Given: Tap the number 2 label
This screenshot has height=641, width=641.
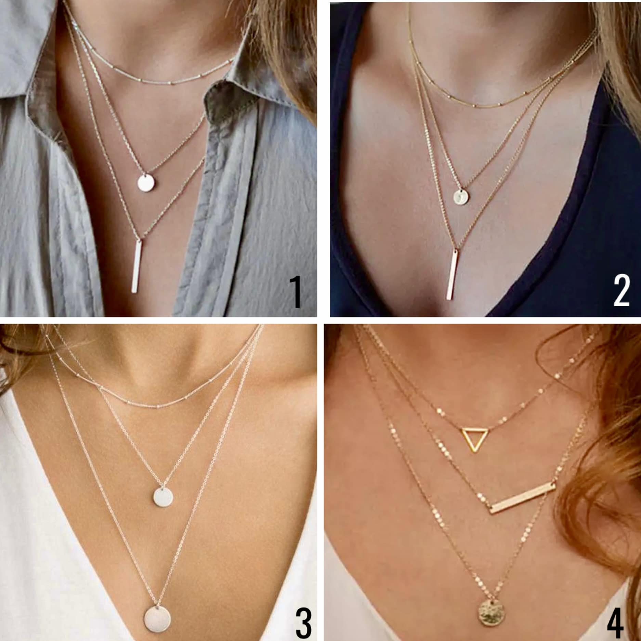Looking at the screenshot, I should click(x=621, y=292).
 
